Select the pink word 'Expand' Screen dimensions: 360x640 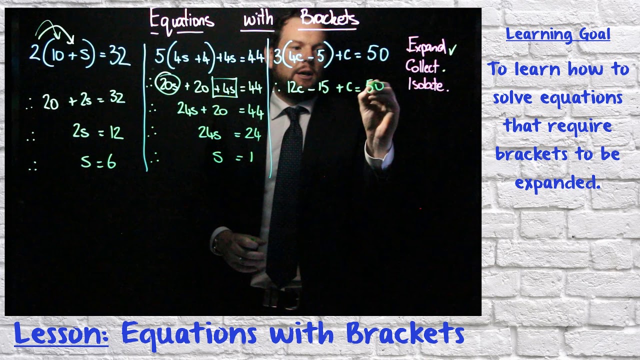pos(426,46)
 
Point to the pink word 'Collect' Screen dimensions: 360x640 pos(422,66)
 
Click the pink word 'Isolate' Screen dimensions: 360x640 pos(427,84)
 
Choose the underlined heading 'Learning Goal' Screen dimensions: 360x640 pos(557,34)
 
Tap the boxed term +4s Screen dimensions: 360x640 pos(224,88)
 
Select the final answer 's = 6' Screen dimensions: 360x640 pos(98,162)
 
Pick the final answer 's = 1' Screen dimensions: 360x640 pos(233,158)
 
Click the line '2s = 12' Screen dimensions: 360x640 pos(98,132)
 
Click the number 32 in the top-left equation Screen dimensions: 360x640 pos(119,56)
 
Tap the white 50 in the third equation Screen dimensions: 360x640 pos(377,54)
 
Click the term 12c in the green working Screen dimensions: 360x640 pos(295,88)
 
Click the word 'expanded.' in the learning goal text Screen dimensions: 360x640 pos(557,182)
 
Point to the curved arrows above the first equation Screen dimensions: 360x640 pos(54,29)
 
